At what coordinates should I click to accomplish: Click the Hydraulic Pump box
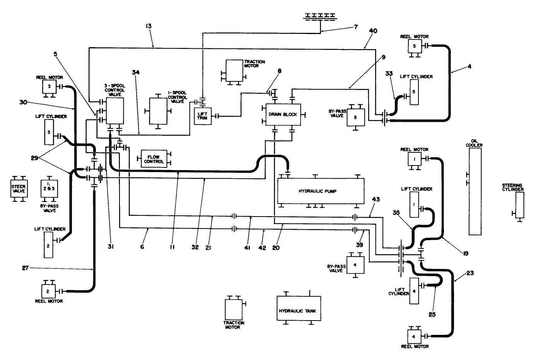coord(321,191)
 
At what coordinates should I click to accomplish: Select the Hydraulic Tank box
coord(299,308)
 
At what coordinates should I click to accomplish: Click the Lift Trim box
coord(203,116)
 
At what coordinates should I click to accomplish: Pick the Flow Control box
coord(154,159)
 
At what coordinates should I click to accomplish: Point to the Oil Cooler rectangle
coord(475,191)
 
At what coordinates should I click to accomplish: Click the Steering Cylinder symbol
coord(520,205)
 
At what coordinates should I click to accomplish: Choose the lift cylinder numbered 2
coord(49,245)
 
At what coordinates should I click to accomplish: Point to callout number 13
coord(149,26)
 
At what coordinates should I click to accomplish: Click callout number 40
coord(373,31)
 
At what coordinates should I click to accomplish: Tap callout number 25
coord(432,314)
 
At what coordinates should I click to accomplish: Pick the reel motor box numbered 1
coord(413,159)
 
